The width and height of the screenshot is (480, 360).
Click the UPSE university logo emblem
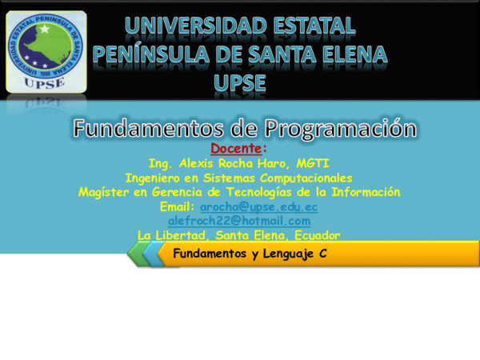tap(46, 49)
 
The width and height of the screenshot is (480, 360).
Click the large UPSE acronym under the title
tap(239, 82)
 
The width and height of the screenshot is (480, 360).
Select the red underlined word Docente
tap(237, 149)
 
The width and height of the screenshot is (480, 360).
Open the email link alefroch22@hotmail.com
tap(238, 221)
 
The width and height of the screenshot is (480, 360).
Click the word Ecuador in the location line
tap(315, 235)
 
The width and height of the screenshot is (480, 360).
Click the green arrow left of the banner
tap(138, 254)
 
